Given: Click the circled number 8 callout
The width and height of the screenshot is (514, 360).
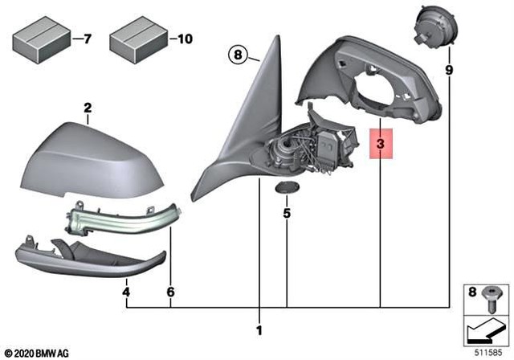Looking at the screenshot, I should coord(237,55).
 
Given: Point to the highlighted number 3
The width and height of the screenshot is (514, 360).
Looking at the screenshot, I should coord(381,145).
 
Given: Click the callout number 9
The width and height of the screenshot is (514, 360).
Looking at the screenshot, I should coord(449,71).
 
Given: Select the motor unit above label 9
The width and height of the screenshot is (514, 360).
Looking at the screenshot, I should coord(434,25).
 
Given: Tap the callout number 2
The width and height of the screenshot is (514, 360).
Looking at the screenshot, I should coord(88,107).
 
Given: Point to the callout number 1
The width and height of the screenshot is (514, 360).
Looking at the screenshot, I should coord(259,329).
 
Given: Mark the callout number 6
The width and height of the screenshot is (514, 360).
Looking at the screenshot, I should coord(170,293).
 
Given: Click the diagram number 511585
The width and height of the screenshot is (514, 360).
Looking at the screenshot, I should coord(490,351).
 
